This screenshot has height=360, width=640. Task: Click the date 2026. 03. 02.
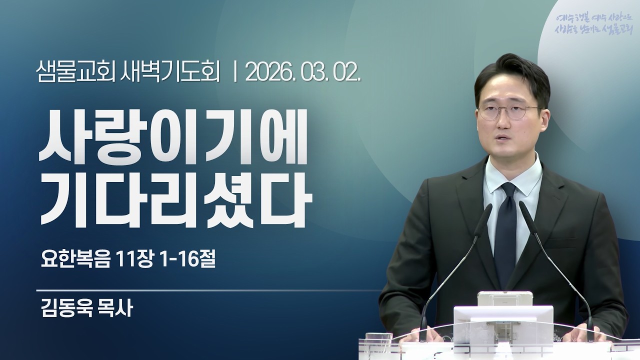[303, 74]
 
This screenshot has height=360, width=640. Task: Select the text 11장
[133, 259]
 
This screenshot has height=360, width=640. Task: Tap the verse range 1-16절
[185, 259]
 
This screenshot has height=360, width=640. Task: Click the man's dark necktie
[506, 230]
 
